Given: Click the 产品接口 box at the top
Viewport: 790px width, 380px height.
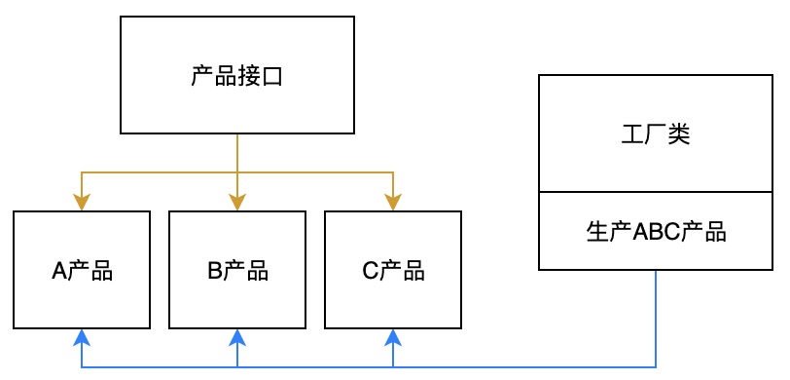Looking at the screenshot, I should click(237, 75).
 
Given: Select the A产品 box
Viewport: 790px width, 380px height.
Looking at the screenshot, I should click(82, 270).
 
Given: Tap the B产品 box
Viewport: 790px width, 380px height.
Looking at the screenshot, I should click(237, 270).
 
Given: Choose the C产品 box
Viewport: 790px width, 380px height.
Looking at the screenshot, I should click(393, 270).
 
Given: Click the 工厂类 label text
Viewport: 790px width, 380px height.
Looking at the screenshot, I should click(655, 133).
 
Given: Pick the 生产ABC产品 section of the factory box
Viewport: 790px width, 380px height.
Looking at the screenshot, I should click(655, 232).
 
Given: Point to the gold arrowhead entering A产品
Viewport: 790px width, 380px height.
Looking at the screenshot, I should click(82, 203).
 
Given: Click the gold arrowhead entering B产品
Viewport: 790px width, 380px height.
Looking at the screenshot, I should click(237, 203).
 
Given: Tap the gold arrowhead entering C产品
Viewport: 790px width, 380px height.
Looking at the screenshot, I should click(393, 203).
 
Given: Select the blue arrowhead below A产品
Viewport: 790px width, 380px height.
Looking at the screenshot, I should click(82, 337).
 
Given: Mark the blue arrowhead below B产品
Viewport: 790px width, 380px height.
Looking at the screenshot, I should click(237, 337).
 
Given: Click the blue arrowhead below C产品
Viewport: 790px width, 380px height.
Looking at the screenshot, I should click(393, 337).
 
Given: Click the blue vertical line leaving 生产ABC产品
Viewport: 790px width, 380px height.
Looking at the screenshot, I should click(655, 317).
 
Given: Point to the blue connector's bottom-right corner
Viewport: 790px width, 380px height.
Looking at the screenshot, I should click(655, 367).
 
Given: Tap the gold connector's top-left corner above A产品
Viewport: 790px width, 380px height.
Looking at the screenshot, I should click(82, 172).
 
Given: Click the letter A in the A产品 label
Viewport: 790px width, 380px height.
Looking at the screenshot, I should click(57, 271).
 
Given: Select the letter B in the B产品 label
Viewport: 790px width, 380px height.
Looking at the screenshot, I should click(214, 271).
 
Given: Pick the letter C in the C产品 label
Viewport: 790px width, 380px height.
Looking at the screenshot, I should click(369, 271).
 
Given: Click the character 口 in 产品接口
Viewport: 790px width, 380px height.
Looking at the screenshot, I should click(273, 76).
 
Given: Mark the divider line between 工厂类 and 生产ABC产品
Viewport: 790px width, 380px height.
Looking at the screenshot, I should click(655, 192).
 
